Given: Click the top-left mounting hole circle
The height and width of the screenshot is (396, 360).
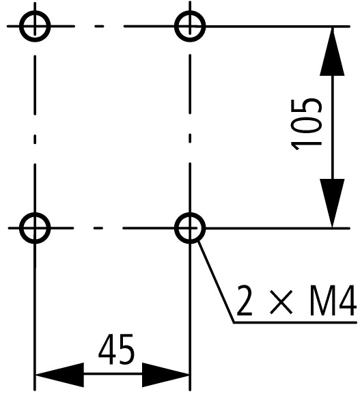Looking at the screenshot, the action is coord(35,12).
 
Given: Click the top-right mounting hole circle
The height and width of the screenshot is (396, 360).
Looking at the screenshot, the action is coord(190,12).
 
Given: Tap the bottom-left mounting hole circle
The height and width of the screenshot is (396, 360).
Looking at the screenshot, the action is coord(35,214).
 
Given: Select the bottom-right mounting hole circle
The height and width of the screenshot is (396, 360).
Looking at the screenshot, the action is coord(190,214).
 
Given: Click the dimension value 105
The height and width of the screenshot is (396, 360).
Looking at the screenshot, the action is coord(306,124).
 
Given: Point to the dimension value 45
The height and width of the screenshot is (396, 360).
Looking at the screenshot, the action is coord(116,350).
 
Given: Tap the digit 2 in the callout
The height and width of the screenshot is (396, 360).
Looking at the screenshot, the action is coord(245,300).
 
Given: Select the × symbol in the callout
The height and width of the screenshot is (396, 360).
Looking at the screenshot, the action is coord(281,302).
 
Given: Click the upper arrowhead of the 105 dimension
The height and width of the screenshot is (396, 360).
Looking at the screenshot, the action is coord(332,51).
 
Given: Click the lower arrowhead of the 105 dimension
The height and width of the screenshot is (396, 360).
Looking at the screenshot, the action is coord(332,203).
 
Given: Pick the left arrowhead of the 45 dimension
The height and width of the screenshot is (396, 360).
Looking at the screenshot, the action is coord(59,375).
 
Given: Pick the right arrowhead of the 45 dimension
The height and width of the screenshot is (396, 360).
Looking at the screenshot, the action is coord(166,375).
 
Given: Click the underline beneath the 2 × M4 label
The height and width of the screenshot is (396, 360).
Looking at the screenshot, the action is coord(295,322).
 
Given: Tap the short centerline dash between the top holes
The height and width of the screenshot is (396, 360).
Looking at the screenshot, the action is coord(99,26).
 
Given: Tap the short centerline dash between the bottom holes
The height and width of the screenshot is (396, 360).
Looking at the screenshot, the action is coord(98,228).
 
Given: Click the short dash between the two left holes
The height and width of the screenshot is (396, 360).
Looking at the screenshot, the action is coord(35,139).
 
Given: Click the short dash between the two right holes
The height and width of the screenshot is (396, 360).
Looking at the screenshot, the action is coord(190,139).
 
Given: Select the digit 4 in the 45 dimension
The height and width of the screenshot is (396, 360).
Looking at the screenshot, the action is coord(107,350).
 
